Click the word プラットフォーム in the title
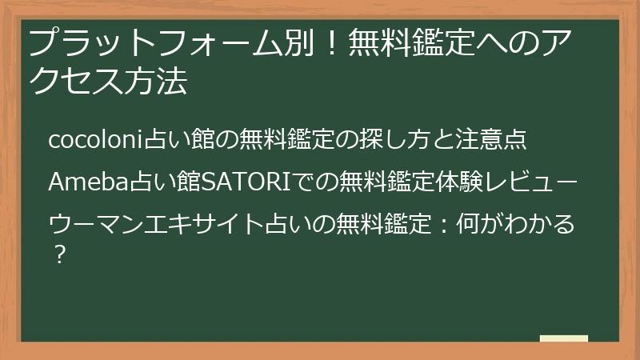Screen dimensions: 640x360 click(x=155, y=43)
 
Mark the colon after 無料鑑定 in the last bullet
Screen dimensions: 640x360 click(x=444, y=225)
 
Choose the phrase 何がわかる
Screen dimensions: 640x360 click(x=515, y=224)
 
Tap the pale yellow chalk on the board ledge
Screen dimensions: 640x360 click(x=564, y=338)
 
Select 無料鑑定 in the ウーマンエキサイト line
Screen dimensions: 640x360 click(x=383, y=224)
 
